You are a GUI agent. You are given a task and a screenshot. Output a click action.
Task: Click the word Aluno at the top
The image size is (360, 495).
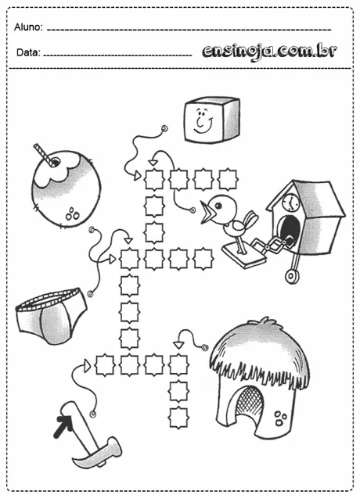(x=28, y=28)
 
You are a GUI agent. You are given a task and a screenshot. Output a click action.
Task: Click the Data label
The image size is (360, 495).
(x=27, y=53)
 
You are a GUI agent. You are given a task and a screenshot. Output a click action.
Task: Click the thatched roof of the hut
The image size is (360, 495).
(x=258, y=352)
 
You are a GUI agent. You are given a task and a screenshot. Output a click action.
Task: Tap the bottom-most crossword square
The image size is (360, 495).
(x=178, y=417)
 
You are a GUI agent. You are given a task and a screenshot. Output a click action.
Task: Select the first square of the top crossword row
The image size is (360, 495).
(x=153, y=179)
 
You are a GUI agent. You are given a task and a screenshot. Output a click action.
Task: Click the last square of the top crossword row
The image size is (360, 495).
(x=228, y=179)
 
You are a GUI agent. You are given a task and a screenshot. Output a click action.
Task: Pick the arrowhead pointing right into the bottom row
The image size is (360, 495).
(x=88, y=364)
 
